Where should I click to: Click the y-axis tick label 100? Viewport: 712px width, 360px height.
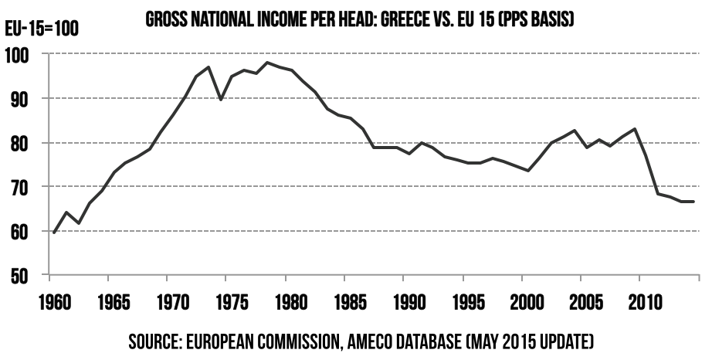pyautogui.click(x=19, y=55)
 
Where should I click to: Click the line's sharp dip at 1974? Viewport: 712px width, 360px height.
pyautogui.click(x=221, y=100)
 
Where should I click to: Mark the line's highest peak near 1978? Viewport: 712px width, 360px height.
pyautogui.click(x=267, y=63)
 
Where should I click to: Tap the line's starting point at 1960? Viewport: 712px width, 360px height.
pyautogui.click(x=54, y=232)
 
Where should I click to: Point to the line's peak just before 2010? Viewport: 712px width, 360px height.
pyautogui.click(x=634, y=129)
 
